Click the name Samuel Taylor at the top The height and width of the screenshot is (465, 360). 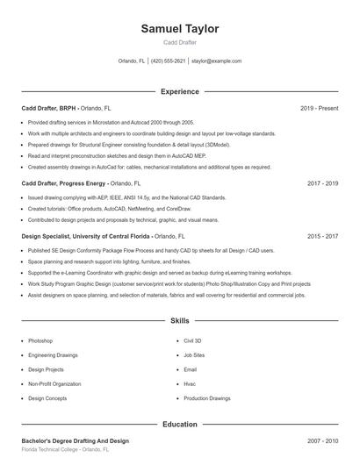tap(180, 29)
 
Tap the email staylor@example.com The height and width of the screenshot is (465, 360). tap(216, 61)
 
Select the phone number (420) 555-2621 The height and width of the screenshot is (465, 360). tap(169, 61)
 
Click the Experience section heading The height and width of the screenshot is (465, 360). tap(180, 91)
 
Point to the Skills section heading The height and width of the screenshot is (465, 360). tap(180, 322)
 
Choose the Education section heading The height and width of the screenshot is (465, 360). tap(180, 424)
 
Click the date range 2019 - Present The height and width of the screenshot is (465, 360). tap(319, 108)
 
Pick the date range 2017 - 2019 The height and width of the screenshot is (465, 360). tap(322, 183)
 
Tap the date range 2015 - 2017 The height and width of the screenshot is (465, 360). tap(322, 236)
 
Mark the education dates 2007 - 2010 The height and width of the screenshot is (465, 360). tap(322, 440)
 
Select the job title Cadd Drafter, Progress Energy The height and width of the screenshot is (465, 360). tap(64, 183)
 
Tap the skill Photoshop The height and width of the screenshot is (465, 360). tap(40, 340)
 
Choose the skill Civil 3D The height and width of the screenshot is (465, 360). tap(192, 340)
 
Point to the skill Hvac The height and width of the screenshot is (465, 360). tap(189, 383)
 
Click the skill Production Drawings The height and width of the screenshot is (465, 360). tap(206, 398)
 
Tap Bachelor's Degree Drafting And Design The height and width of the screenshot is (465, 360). tap(75, 440)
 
